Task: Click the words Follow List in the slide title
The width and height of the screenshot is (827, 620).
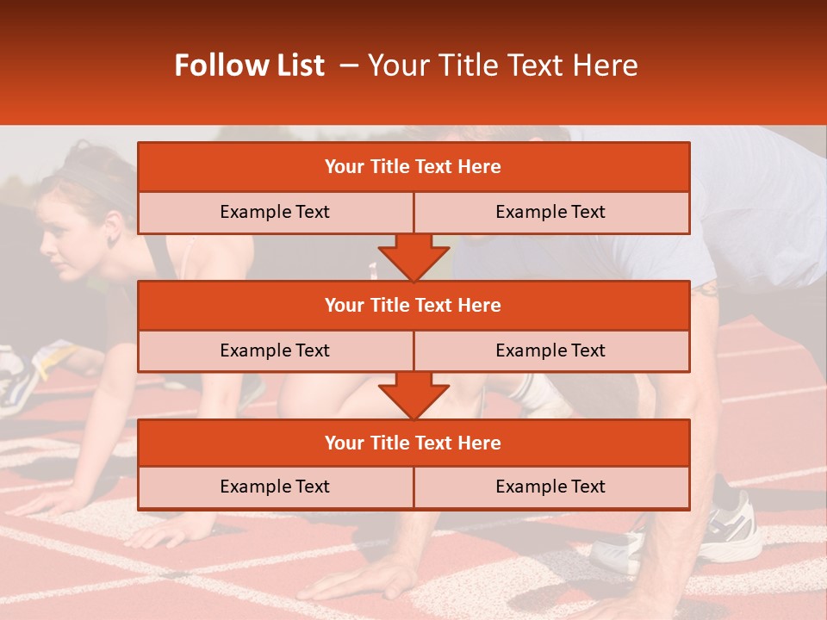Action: (x=250, y=65)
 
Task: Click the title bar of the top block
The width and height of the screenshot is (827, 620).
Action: (x=413, y=167)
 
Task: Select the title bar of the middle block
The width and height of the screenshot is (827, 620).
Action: (x=413, y=305)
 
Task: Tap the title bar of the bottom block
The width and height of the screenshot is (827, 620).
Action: (x=413, y=443)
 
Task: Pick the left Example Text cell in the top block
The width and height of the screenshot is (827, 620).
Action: (x=275, y=213)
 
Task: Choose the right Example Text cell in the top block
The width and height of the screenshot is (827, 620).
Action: (x=550, y=213)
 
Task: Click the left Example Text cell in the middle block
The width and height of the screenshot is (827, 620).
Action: (x=275, y=350)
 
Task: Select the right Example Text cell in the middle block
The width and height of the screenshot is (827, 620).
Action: (x=550, y=350)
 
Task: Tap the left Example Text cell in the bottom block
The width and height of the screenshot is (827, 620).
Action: (x=275, y=487)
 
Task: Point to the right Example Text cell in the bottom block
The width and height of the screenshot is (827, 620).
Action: (x=550, y=487)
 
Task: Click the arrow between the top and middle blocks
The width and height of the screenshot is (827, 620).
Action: (x=413, y=257)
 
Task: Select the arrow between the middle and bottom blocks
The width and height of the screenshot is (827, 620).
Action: (x=413, y=395)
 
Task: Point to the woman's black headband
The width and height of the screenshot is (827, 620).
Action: (x=95, y=177)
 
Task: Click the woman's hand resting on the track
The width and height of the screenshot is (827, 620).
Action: (x=52, y=499)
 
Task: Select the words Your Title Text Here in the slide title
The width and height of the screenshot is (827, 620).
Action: (x=503, y=65)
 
